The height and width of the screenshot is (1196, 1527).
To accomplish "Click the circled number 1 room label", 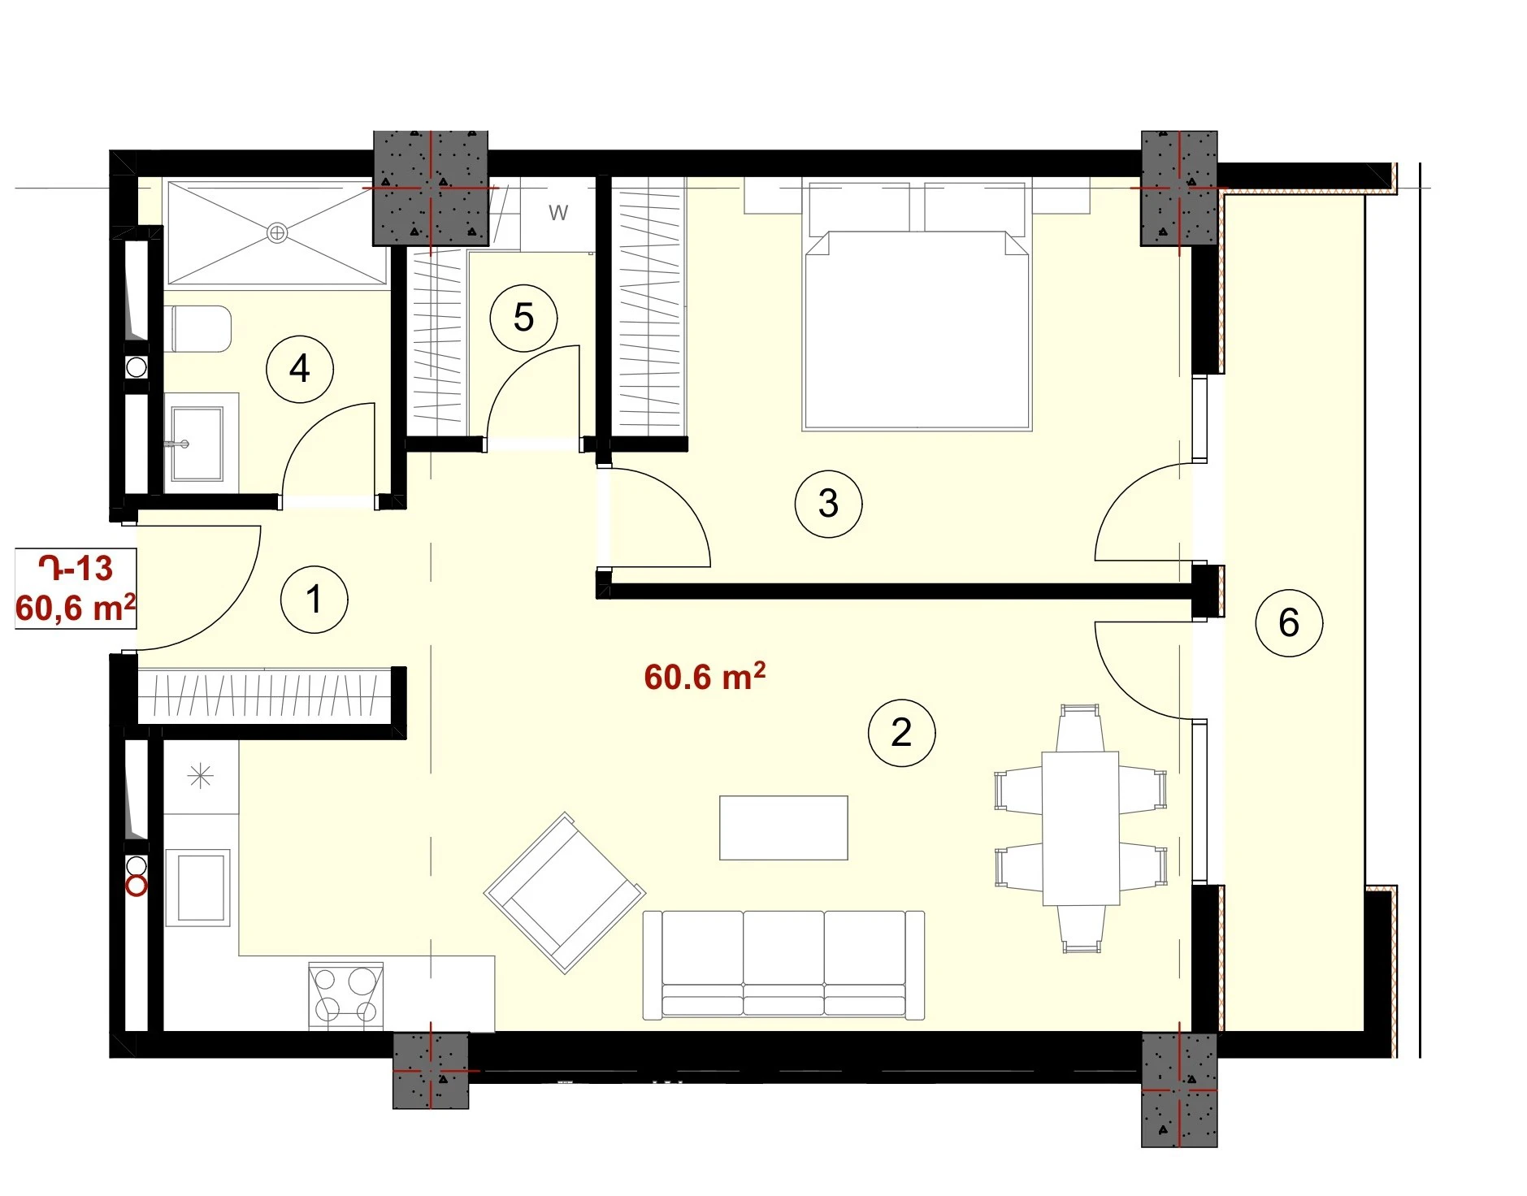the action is pyautogui.click(x=314, y=600).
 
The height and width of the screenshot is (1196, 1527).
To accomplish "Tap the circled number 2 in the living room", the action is pyautogui.click(x=901, y=733).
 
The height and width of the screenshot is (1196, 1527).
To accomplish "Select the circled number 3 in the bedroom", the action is pyautogui.click(x=828, y=504).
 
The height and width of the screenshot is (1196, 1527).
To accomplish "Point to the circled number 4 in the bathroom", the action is pyautogui.click(x=300, y=369).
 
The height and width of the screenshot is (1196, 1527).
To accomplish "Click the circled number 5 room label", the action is pyautogui.click(x=523, y=318).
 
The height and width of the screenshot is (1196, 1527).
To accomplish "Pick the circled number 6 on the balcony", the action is pyautogui.click(x=1289, y=623).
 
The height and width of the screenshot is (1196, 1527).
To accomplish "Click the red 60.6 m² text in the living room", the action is pyautogui.click(x=705, y=676).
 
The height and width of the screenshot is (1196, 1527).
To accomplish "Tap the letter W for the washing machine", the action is pyautogui.click(x=557, y=213).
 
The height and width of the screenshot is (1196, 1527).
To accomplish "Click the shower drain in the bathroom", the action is pyautogui.click(x=277, y=233).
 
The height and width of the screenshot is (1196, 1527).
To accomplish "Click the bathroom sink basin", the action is pyautogui.click(x=196, y=444).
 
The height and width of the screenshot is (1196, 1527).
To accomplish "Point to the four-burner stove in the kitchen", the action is pyautogui.click(x=345, y=996).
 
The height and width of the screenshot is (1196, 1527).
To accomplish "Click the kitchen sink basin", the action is pyautogui.click(x=198, y=887).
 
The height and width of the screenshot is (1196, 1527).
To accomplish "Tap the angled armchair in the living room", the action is pyautogui.click(x=565, y=892).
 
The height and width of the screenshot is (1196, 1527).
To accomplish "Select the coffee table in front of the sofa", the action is pyautogui.click(x=783, y=828).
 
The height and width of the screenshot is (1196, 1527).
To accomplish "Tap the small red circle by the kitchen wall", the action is pyautogui.click(x=137, y=886).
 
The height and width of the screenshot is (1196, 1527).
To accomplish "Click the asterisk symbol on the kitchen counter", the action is pyautogui.click(x=201, y=777).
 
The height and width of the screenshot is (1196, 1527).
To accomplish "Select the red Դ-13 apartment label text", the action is pyautogui.click(x=76, y=568).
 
